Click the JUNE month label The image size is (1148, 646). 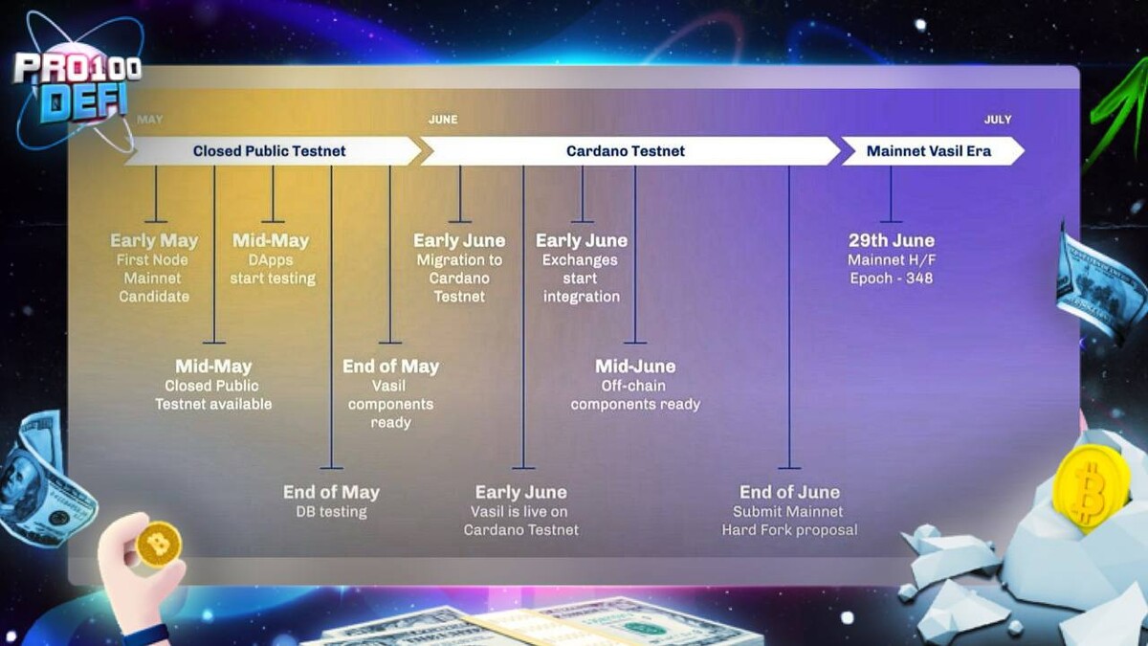443,120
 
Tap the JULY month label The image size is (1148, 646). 997,120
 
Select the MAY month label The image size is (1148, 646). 149,120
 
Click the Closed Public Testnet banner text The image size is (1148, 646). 269,151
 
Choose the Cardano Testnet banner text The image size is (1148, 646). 626,151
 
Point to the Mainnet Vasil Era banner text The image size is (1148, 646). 929,151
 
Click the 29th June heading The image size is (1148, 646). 892,240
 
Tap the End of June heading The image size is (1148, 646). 789,492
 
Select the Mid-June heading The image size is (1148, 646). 635,366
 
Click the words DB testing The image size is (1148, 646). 331,512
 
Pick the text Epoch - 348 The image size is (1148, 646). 892,278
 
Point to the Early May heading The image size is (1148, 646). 154,240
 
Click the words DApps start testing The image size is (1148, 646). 272,269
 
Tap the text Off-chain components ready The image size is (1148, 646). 635,395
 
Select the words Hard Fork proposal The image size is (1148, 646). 789,529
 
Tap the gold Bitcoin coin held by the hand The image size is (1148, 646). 159,545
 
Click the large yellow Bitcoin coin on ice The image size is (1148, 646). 1090,484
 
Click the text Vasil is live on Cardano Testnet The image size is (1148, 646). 520,521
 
